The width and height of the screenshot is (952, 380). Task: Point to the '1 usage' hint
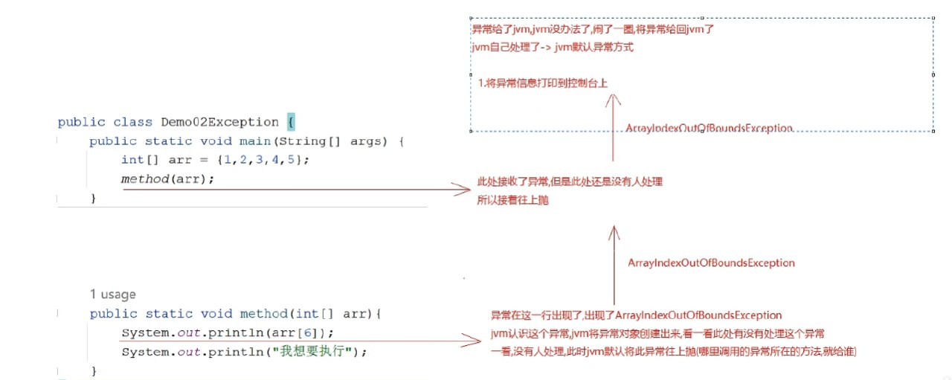pyautogui.click(x=112, y=294)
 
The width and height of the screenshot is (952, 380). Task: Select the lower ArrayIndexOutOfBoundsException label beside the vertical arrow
pyautogui.click(x=711, y=263)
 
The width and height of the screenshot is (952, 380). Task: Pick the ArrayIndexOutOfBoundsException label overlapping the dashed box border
pyautogui.click(x=710, y=129)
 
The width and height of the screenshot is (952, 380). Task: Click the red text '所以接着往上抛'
pyautogui.click(x=512, y=201)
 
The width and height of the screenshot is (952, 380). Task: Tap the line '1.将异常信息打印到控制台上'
pyautogui.click(x=543, y=83)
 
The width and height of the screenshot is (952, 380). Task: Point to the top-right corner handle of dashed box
pyautogui.click(x=933, y=19)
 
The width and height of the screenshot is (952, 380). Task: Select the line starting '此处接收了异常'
pyautogui.click(x=570, y=182)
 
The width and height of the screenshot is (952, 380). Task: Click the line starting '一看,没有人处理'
pyautogui.click(x=674, y=351)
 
